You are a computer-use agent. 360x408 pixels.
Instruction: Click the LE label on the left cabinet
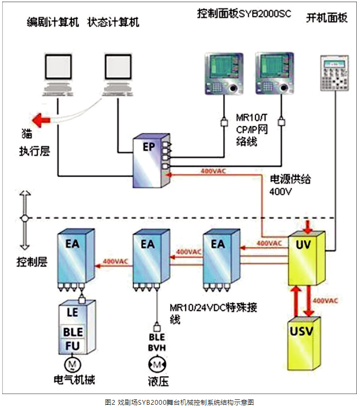[72, 312]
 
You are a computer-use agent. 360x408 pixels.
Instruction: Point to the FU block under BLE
[73, 346]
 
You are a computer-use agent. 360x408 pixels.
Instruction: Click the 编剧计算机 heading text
[53, 23]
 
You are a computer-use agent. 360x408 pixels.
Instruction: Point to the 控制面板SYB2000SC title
[244, 13]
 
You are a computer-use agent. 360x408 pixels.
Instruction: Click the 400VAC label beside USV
[326, 301]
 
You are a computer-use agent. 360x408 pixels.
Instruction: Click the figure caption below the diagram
[179, 402]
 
